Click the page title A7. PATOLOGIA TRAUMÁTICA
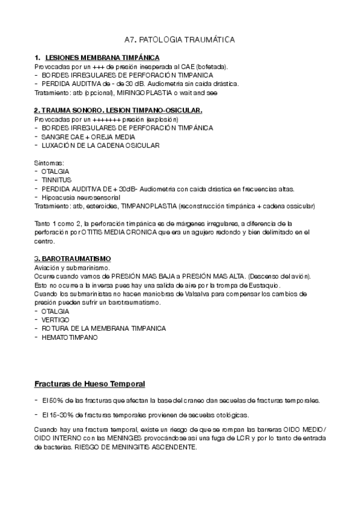179,39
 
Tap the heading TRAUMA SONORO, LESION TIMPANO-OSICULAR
118,111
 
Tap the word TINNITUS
57,180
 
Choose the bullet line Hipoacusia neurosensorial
81,197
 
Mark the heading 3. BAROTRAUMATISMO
69,259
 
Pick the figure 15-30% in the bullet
56,416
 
